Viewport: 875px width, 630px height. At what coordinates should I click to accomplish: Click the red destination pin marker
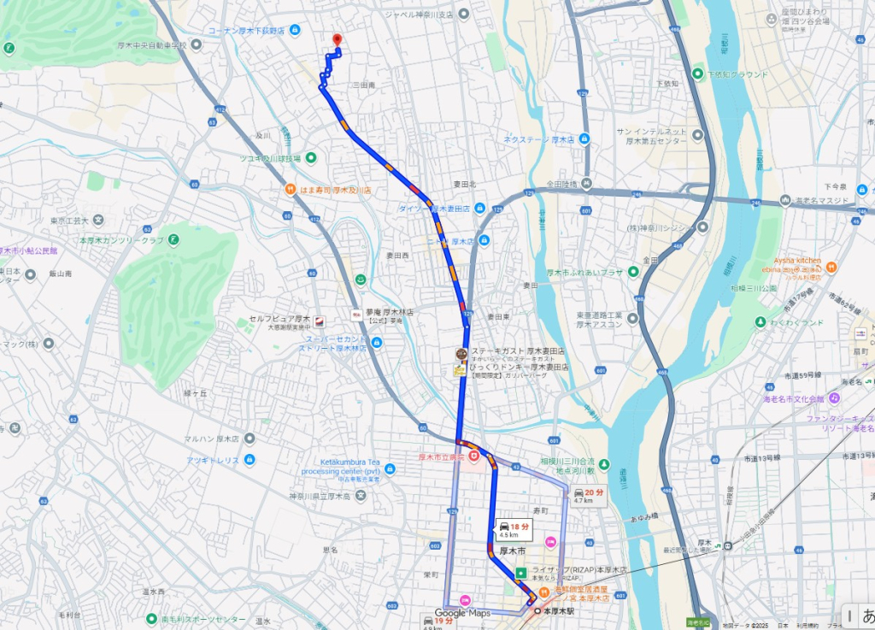[337, 39]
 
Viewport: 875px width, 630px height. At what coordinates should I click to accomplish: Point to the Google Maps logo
[462, 613]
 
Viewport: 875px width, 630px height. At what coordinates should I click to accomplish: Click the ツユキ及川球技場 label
[270, 158]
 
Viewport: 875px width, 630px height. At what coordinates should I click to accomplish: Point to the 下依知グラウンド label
[737, 74]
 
